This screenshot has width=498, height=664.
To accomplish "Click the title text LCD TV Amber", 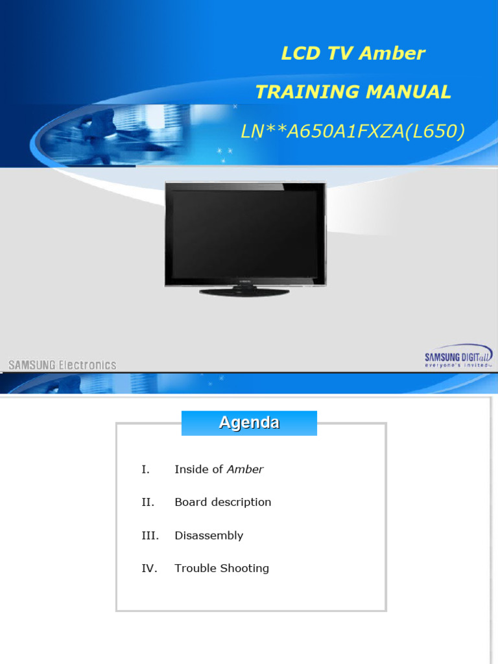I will tap(353, 53).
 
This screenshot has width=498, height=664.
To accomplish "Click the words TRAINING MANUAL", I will tap(353, 92).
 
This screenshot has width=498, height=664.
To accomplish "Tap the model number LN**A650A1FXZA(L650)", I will tap(353, 132).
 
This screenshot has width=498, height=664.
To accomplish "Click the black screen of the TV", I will tap(245, 233).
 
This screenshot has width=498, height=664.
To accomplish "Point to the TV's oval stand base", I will tap(244, 292).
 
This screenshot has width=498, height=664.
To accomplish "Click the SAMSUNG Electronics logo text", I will tap(62, 364).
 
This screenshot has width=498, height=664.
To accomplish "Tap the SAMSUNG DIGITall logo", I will tap(458, 356).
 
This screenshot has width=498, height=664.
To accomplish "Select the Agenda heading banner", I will tap(249, 423).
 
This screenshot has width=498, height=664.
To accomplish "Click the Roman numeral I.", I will tap(145, 469).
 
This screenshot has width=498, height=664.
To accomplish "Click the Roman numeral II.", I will tap(147, 502).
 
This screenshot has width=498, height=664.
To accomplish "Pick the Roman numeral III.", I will tap(150, 536).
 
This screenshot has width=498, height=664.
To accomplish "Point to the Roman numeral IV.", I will tap(149, 569).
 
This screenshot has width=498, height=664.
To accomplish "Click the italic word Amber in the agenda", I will tap(245, 469).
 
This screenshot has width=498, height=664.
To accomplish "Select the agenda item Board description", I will tap(222, 502).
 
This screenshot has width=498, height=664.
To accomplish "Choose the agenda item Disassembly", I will tap(209, 536).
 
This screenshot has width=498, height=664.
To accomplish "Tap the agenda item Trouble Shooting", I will tap(222, 569).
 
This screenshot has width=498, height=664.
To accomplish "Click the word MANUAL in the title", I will tap(408, 92).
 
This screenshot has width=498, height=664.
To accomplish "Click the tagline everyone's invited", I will tap(456, 366).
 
